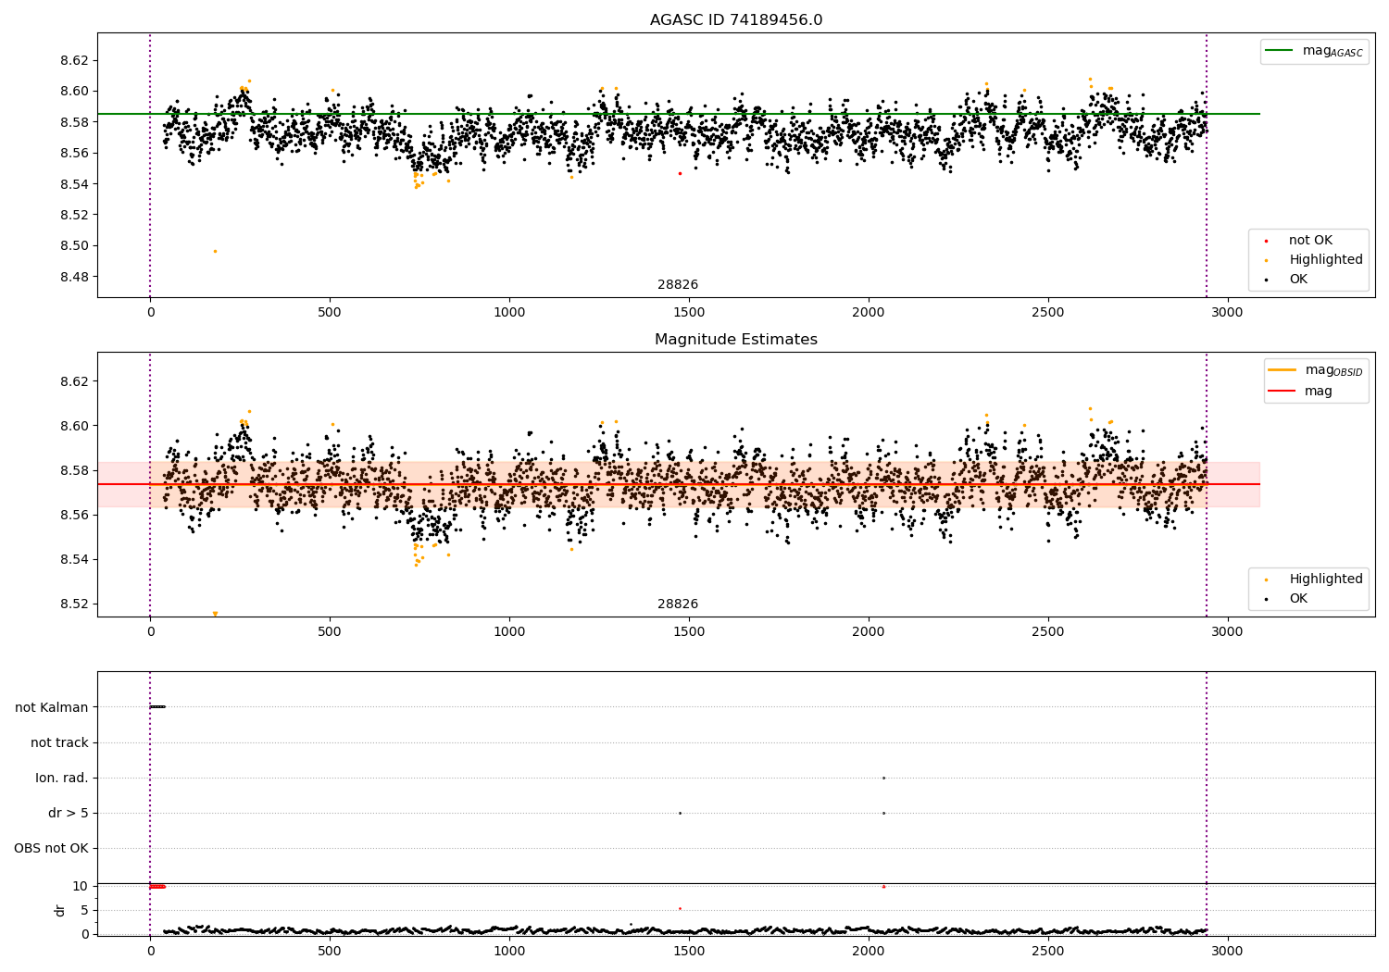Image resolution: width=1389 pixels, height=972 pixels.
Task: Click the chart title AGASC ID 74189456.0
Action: click(735, 20)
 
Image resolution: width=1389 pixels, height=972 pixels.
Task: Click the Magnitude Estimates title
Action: click(735, 340)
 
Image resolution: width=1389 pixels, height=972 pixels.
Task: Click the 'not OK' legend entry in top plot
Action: click(1310, 241)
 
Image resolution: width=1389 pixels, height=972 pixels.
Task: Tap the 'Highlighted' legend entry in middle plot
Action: click(1325, 579)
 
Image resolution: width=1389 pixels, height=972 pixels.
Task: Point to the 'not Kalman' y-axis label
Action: click(52, 707)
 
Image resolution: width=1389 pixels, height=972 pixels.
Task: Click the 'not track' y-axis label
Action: click(59, 742)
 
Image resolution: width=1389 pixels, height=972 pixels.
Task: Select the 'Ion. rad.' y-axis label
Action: click(62, 778)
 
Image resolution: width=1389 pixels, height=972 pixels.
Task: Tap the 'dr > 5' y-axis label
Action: click(69, 813)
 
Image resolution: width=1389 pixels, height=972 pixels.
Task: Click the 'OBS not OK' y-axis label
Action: click(51, 848)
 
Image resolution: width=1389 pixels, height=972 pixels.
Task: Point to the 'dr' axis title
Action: click(60, 910)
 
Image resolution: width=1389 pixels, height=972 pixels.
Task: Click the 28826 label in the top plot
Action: click(678, 285)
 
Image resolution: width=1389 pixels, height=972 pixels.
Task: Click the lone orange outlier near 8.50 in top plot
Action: click(215, 251)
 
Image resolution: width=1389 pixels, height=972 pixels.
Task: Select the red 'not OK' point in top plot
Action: click(680, 173)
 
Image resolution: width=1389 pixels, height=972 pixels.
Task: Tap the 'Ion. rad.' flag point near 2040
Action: click(883, 778)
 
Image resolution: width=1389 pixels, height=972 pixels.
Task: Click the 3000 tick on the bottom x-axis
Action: click(1228, 951)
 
